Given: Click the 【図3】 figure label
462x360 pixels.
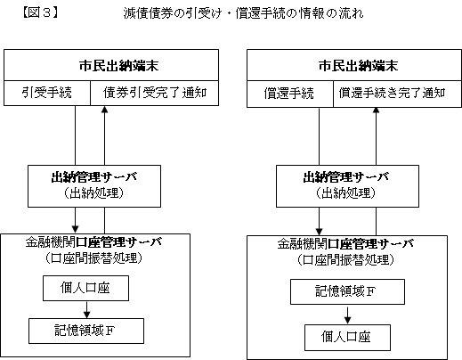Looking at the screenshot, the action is (40, 12).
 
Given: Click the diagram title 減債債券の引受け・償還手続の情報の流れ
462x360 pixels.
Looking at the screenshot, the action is (243, 13).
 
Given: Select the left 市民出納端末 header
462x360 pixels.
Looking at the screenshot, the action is (111, 65).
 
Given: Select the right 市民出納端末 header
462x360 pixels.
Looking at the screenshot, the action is (354, 65).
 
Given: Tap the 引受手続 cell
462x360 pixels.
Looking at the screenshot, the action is (47, 93).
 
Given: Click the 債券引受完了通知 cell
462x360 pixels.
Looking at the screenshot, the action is (154, 93).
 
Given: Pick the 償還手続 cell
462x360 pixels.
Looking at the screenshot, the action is (290, 94).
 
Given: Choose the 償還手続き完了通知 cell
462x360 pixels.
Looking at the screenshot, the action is (397, 94).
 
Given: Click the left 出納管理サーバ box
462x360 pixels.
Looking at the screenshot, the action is (94, 186).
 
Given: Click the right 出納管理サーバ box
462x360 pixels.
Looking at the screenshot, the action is (347, 186).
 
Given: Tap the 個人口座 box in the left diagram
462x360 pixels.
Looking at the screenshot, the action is (85, 288).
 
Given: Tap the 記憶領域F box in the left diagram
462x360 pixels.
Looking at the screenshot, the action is (86, 331).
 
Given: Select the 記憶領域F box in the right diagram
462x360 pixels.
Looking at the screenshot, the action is (347, 291).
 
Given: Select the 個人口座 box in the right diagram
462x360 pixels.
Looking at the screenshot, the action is (347, 338).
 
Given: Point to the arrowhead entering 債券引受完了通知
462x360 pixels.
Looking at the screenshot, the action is (104, 109).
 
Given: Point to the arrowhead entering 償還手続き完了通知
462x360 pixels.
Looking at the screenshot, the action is (376, 110).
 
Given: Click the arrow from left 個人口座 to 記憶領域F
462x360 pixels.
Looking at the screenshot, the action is (86, 309).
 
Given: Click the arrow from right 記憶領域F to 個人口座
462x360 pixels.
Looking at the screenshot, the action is (347, 315).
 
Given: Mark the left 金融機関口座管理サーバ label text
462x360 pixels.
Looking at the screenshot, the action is (93, 242).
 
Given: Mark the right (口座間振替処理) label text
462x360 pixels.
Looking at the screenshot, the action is (345, 260).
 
